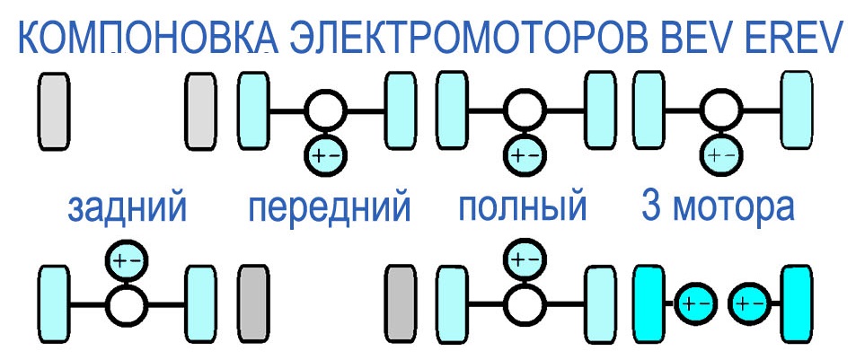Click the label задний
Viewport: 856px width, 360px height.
click(x=128, y=207)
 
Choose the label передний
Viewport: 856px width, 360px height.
click(x=330, y=208)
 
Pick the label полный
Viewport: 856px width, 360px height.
click(x=523, y=208)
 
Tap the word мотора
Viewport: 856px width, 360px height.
click(x=733, y=207)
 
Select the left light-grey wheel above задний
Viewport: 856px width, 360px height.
click(x=54, y=111)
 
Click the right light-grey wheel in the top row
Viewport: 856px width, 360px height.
click(x=201, y=111)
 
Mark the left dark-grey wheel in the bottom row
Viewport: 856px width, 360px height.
click(x=253, y=304)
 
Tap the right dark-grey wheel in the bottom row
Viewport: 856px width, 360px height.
click(x=402, y=304)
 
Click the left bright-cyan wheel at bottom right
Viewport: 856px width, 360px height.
click(x=649, y=304)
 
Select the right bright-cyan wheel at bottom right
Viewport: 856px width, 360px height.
click(x=797, y=304)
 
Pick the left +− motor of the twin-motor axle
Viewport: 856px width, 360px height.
click(x=695, y=304)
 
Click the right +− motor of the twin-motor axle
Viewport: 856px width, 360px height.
click(x=750, y=304)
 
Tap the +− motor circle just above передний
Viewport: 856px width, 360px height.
click(x=326, y=156)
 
